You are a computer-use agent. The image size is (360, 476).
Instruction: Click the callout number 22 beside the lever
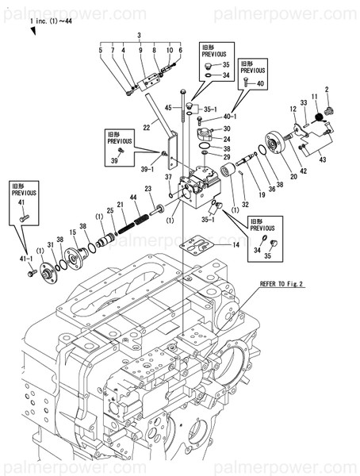point(147,127)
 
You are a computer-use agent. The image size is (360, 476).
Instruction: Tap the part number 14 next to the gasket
point(236,247)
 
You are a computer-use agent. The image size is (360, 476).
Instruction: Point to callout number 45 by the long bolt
point(168,107)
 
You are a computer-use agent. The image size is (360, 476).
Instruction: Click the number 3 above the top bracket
point(139,36)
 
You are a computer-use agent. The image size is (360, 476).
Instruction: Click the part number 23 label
point(148,188)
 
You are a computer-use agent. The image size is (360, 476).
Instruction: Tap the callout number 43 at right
point(323,159)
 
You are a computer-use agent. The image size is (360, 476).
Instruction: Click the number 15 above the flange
point(72,232)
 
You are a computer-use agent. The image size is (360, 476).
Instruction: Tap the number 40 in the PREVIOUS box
point(262,83)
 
